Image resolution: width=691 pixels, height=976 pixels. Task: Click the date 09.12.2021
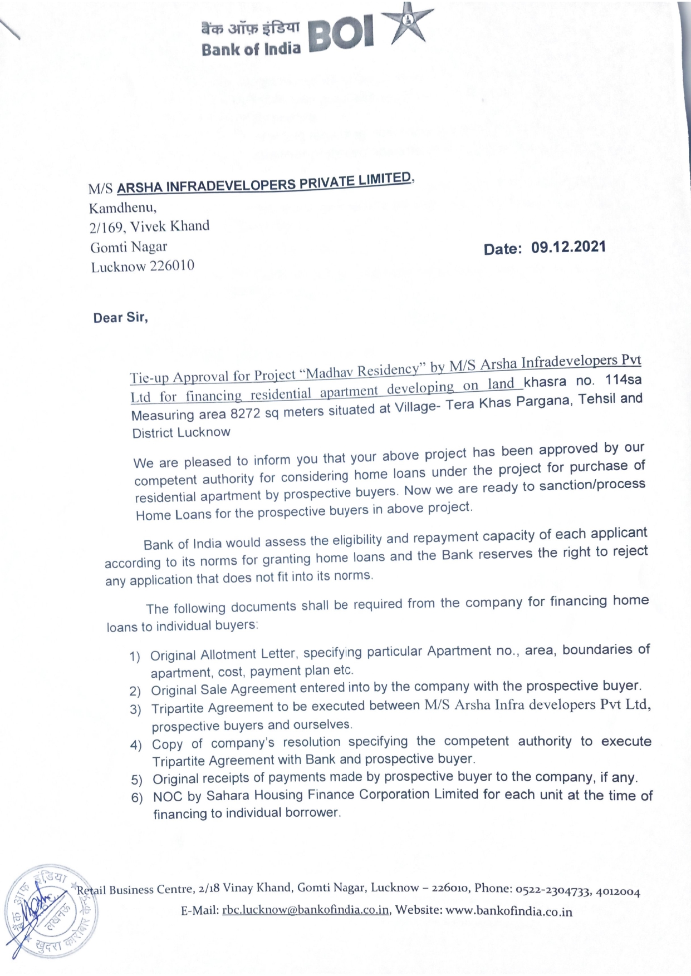click(x=568, y=247)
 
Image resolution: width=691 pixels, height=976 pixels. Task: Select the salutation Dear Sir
click(x=120, y=318)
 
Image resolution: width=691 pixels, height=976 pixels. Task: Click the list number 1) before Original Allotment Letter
click(x=135, y=657)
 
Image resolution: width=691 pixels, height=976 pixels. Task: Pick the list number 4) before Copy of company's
click(x=136, y=745)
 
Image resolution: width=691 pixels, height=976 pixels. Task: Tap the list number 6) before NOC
click(x=138, y=798)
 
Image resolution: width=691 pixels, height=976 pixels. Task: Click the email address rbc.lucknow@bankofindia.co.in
click(x=306, y=911)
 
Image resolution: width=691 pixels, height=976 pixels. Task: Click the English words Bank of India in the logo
click(x=251, y=50)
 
